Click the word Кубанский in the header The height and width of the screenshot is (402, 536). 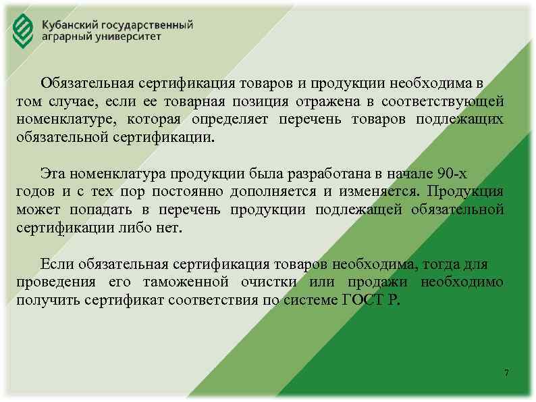point(69,24)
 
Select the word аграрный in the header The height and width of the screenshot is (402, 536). point(65,37)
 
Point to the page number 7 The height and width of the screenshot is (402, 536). point(507,374)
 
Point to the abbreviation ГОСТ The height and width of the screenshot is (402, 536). point(364,300)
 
